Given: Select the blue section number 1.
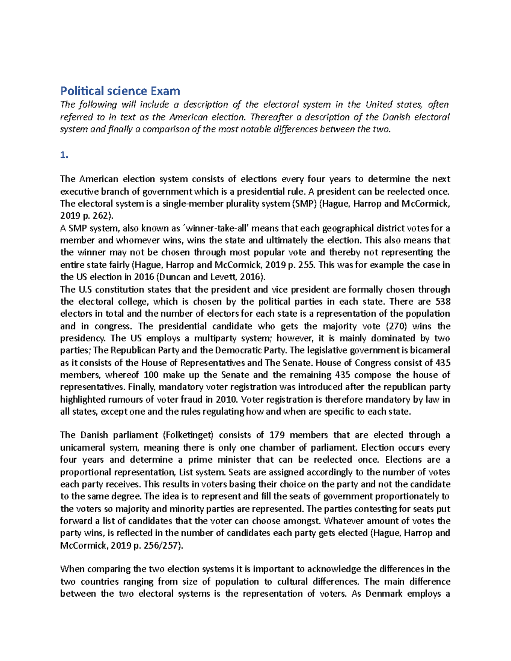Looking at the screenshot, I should [x=64, y=155].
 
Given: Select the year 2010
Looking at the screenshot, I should [x=227, y=399].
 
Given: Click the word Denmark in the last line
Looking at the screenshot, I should [x=384, y=594].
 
